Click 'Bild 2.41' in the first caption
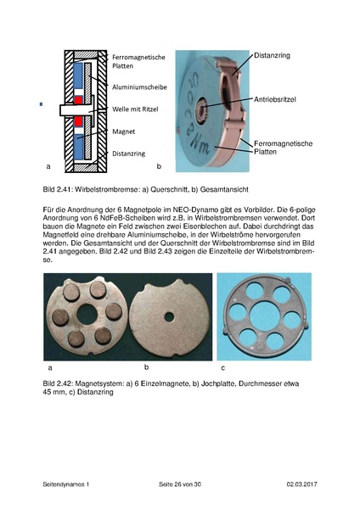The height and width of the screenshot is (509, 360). [x=58, y=187]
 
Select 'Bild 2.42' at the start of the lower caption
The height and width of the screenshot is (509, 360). [x=58, y=384]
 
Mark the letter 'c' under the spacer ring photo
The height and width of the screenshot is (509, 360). [x=222, y=367]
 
